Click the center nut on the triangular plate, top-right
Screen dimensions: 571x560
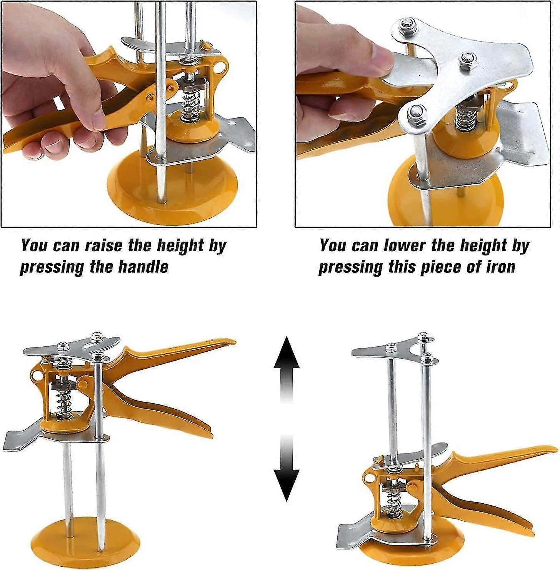[467, 58]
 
